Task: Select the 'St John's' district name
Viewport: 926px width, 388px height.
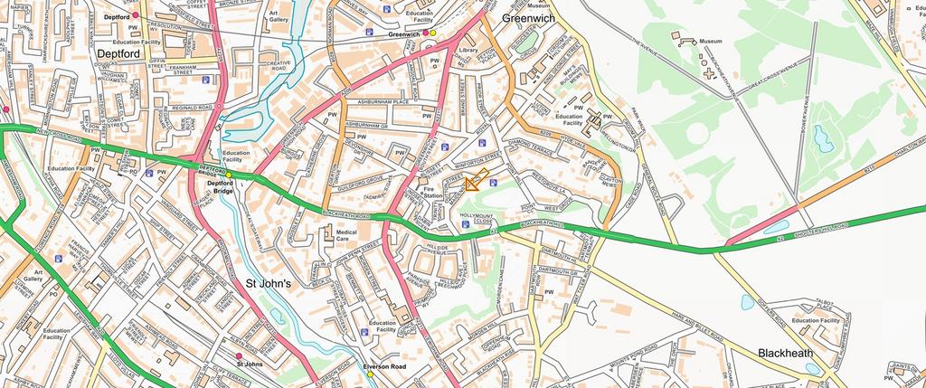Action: [269, 283]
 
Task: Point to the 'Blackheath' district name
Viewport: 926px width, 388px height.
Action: [785, 353]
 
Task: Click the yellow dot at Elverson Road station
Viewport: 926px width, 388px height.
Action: [370, 374]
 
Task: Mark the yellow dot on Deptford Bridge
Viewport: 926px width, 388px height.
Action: [229, 175]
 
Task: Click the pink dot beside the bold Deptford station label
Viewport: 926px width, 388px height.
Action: [136, 16]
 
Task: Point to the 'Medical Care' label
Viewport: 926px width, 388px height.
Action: [348, 237]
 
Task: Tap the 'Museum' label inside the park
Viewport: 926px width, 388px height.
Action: [710, 42]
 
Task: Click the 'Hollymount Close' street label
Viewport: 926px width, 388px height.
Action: [476, 217]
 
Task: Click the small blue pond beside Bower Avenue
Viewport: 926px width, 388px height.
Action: [823, 138]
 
